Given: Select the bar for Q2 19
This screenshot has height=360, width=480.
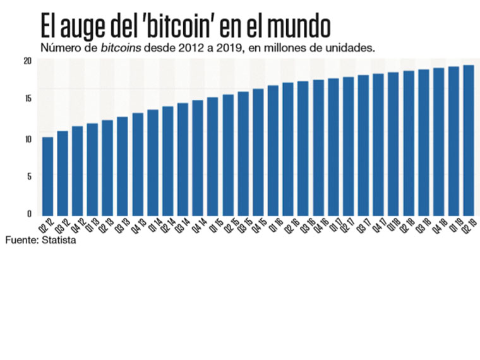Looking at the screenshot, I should (469, 140).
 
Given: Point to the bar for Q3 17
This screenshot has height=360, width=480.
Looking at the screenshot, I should (363, 145).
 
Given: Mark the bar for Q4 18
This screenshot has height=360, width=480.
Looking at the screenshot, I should (438, 141).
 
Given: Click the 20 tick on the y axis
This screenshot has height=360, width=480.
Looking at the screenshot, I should (27, 61).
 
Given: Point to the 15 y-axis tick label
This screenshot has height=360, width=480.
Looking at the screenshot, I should (27, 99).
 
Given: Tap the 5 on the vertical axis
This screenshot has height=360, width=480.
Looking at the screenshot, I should (29, 176).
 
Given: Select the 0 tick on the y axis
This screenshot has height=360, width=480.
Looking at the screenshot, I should (29, 214).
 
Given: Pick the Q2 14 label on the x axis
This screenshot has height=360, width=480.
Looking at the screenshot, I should (167, 226).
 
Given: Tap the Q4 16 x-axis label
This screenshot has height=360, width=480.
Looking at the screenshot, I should (317, 226).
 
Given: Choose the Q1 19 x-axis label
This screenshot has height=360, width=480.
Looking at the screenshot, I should (453, 226).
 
